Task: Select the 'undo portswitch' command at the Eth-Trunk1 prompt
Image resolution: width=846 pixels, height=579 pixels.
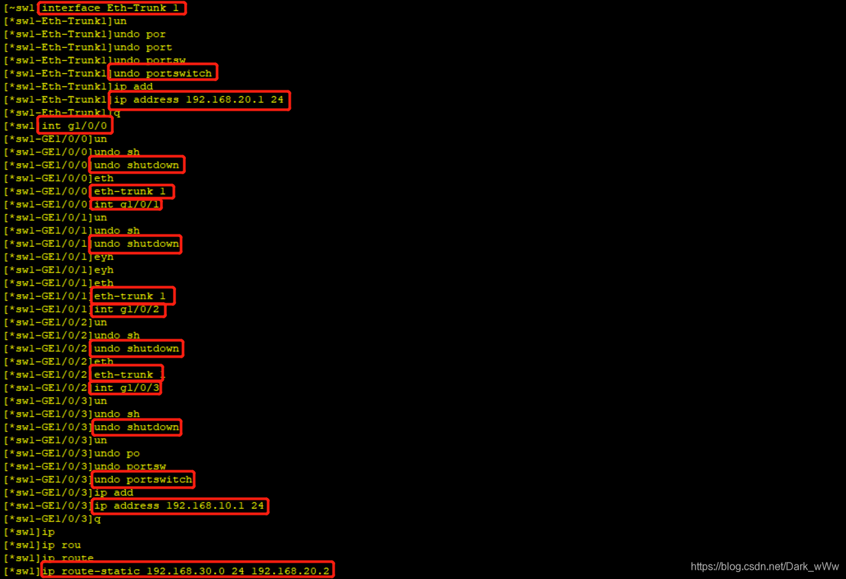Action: pyautogui.click(x=162, y=73)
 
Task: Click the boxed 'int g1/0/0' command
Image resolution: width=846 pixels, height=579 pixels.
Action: pyautogui.click(x=74, y=126)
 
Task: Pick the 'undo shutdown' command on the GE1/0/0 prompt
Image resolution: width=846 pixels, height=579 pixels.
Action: pyautogui.click(x=136, y=165)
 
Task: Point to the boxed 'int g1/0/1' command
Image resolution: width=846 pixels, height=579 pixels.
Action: pyautogui.click(x=126, y=204)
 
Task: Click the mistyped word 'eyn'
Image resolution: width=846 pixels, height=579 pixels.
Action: pyautogui.click(x=103, y=257)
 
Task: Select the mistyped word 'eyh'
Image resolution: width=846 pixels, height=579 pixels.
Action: pyautogui.click(x=103, y=270)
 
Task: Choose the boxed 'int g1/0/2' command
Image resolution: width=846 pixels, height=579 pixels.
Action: pyautogui.click(x=126, y=309)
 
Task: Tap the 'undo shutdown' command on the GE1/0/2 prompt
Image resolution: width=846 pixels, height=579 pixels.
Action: pyautogui.click(x=136, y=348)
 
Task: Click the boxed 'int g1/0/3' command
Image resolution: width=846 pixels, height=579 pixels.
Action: pyautogui.click(x=126, y=388)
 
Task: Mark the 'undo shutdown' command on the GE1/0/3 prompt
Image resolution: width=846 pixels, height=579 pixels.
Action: pyautogui.click(x=136, y=427)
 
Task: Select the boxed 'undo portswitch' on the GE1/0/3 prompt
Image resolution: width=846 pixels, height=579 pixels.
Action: pyautogui.click(x=143, y=479)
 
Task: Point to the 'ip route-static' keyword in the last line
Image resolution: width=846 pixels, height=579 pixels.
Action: pyautogui.click(x=91, y=571)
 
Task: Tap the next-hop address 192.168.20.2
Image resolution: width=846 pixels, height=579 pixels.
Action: pyautogui.click(x=290, y=571)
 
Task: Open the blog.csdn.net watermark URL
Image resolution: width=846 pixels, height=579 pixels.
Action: pyautogui.click(x=765, y=567)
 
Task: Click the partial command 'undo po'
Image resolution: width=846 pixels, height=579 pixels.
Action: pyautogui.click(x=117, y=453)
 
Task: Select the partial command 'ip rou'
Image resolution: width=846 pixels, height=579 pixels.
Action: pyautogui.click(x=62, y=545)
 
